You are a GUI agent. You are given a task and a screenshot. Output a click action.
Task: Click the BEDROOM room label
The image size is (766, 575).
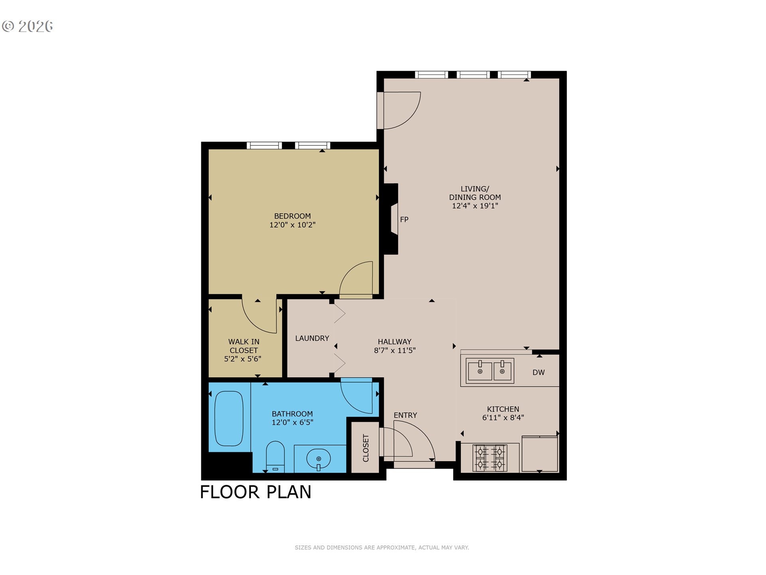[292, 216]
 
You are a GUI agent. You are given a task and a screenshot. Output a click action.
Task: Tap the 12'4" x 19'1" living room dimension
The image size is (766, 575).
[475, 206]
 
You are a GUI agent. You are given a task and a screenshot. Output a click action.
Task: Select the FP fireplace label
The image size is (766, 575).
[404, 220]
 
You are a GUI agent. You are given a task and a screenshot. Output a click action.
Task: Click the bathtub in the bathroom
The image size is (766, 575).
[229, 418]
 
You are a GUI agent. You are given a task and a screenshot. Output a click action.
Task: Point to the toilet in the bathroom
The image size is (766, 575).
[275, 456]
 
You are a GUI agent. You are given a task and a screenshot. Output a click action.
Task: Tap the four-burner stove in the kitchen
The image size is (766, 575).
[490, 458]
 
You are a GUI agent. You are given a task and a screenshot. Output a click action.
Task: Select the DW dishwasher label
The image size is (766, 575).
[538, 373]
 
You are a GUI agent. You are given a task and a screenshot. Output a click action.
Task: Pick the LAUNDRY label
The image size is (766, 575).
[312, 338]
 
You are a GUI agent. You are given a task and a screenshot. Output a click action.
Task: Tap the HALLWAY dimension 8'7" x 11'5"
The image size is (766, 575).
[395, 351]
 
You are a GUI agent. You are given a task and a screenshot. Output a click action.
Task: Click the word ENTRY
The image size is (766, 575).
[405, 415]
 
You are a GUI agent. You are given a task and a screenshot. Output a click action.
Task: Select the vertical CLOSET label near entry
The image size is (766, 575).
[365, 448]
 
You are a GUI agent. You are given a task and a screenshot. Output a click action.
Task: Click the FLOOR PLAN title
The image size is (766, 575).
[255, 492]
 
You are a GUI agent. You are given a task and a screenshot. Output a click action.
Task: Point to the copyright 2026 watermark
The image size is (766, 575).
[28, 26]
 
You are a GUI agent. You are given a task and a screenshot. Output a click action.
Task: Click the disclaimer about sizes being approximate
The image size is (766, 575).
[382, 547]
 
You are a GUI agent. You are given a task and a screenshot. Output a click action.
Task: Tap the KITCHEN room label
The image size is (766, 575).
[503, 409]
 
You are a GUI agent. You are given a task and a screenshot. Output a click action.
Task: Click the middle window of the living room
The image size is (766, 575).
[473, 75]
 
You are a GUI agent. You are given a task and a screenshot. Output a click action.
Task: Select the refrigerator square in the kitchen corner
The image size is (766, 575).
[539, 454]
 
